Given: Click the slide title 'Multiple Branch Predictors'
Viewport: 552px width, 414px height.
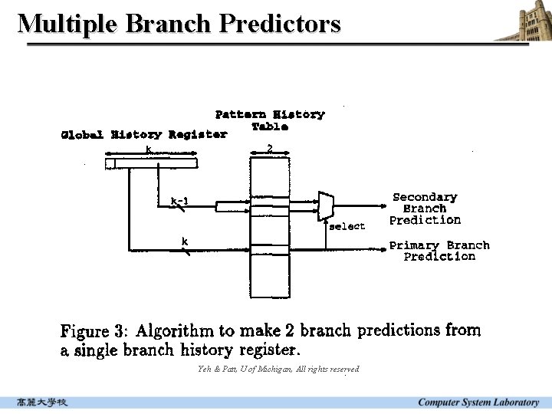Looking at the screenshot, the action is coord(179,24).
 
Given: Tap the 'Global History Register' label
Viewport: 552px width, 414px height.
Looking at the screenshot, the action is coord(143,135).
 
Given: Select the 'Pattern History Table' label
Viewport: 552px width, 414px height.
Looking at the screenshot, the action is coord(270,120).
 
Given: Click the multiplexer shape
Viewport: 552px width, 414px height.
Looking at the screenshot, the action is coord(326,205).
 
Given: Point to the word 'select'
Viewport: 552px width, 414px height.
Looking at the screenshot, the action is coord(347,226).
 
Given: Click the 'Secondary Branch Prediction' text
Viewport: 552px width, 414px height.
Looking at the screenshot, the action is coord(425,209).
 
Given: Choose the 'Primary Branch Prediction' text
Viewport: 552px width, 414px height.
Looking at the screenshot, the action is coord(439,251).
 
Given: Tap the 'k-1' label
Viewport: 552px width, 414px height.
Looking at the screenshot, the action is coord(179,202).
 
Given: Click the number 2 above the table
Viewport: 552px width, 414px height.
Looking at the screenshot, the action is coord(269,146).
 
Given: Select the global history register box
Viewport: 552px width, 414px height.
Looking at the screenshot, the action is coord(151,163).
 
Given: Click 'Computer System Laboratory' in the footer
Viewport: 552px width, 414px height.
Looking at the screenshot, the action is coord(478,402).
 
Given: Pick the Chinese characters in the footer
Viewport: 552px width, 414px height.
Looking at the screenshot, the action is coord(43,402).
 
